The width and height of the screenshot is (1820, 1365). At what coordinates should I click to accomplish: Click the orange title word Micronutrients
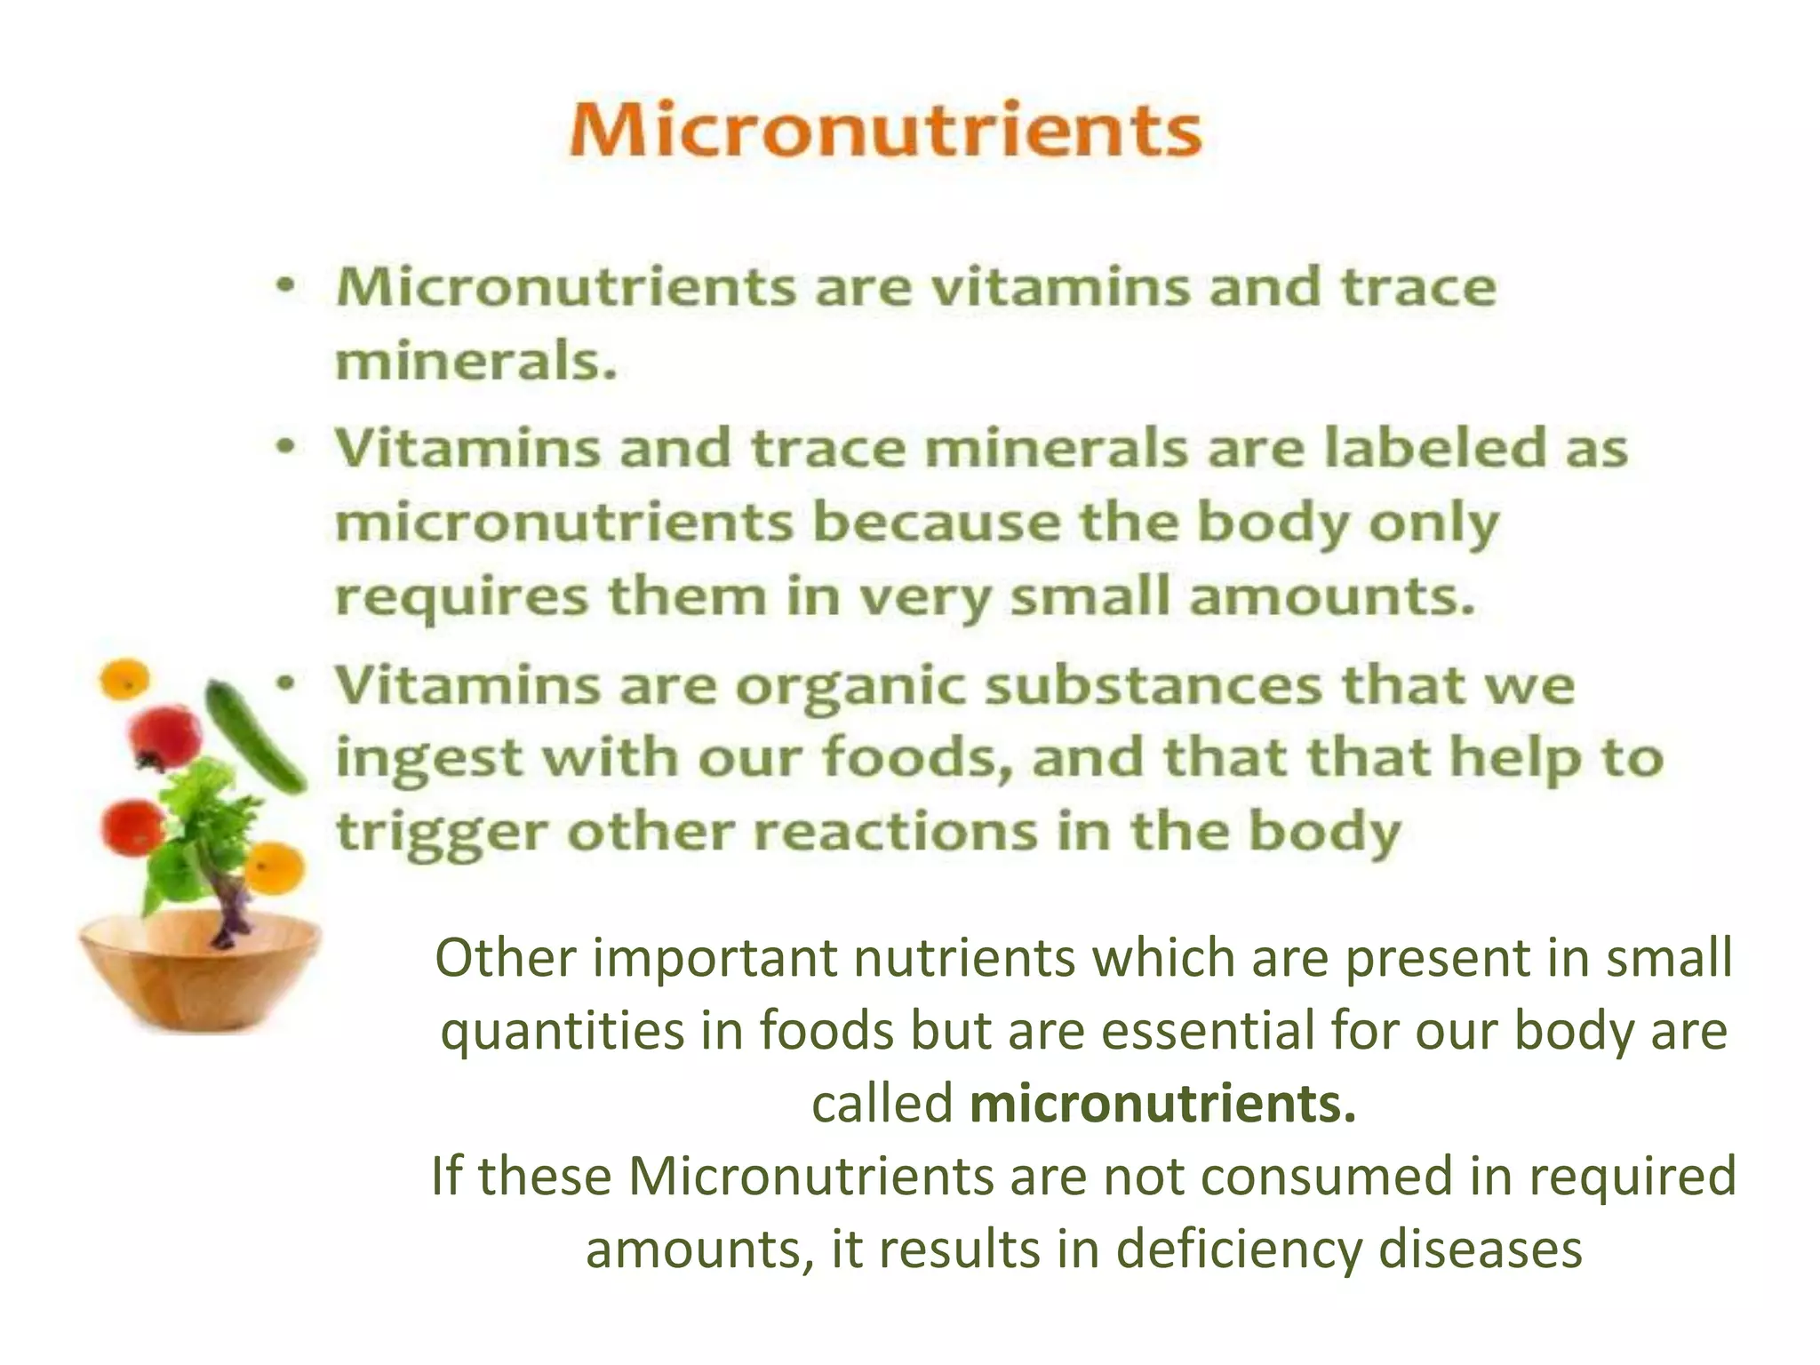point(885,132)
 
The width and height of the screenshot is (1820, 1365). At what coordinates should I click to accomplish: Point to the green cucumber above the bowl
point(254,736)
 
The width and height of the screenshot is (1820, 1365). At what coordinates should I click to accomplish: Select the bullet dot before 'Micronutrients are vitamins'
point(284,287)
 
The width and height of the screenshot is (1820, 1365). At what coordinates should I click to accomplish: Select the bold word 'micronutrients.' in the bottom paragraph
point(1163,1104)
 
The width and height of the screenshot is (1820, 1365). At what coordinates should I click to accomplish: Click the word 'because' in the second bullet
point(937,522)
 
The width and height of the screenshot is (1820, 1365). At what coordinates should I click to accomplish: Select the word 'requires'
point(461,597)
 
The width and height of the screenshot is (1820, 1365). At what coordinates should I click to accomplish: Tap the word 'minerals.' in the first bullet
point(475,362)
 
